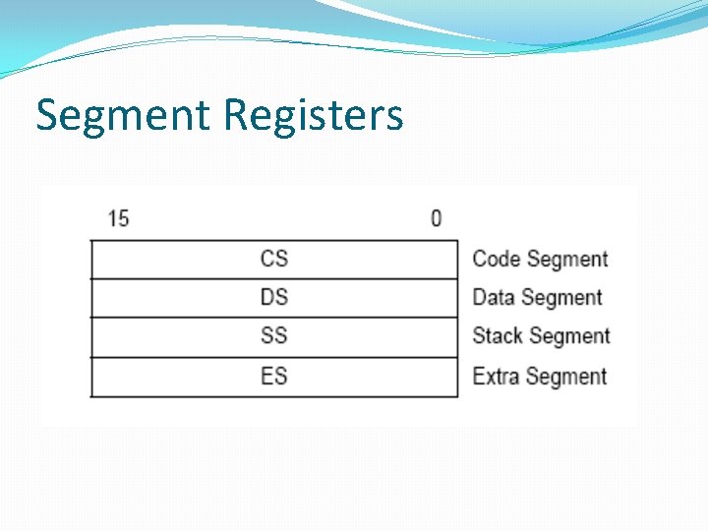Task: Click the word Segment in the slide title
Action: click(x=123, y=115)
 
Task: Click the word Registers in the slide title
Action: click(x=313, y=115)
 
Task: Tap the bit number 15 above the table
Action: click(x=118, y=217)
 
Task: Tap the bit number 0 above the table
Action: click(x=436, y=217)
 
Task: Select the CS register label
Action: click(x=274, y=259)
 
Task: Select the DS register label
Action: click(x=274, y=297)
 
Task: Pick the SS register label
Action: click(x=274, y=335)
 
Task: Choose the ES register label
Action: click(x=274, y=376)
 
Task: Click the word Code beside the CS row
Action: click(x=497, y=259)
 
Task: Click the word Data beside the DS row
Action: click(x=495, y=297)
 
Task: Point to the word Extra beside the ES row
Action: click(x=497, y=376)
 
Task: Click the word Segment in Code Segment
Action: click(x=567, y=260)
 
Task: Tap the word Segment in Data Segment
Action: click(x=562, y=298)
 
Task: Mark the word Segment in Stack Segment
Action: click(x=570, y=336)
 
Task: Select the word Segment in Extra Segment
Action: click(x=567, y=377)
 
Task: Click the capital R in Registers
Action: click(x=235, y=115)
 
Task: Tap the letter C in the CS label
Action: click(x=267, y=259)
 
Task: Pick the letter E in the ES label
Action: click(x=267, y=376)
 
